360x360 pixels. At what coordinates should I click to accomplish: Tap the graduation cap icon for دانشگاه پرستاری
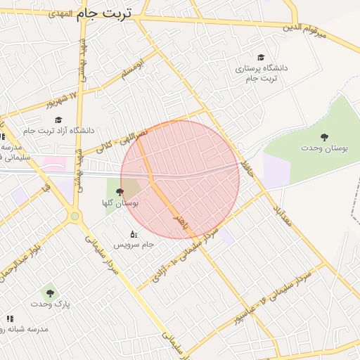(x=261, y=58)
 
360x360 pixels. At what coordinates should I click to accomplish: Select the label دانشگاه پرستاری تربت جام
(x=261, y=73)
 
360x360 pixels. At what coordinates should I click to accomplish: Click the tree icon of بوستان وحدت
(x=324, y=137)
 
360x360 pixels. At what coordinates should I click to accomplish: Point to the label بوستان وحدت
(x=319, y=148)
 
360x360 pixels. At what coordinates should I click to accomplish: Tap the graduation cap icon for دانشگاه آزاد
(x=59, y=120)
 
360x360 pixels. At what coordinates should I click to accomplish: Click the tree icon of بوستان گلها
(x=120, y=191)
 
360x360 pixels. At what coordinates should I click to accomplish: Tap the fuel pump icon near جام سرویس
(x=134, y=234)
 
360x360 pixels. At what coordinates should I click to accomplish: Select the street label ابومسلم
(x=131, y=70)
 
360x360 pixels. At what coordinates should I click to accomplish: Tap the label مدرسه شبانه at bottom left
(x=25, y=328)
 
